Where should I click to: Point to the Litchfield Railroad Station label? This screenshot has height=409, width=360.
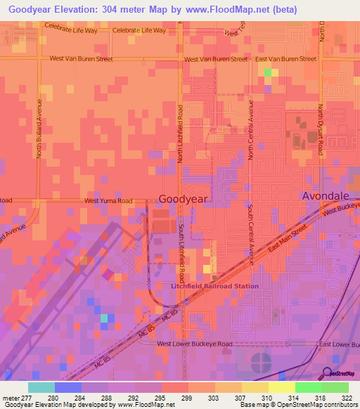click(215, 286)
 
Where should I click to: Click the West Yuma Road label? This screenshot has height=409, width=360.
click(108, 200)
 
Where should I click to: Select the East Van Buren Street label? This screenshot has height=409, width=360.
click(285, 59)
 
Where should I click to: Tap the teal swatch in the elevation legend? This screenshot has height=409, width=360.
click(41, 387)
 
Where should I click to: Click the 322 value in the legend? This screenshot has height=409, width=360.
click(347, 398)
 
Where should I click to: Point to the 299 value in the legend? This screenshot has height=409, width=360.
click(187, 398)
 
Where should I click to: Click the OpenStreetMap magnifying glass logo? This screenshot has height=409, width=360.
click(327, 372)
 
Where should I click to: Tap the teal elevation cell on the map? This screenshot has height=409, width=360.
click(103, 318)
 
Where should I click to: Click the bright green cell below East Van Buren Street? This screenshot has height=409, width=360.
click(266, 72)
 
